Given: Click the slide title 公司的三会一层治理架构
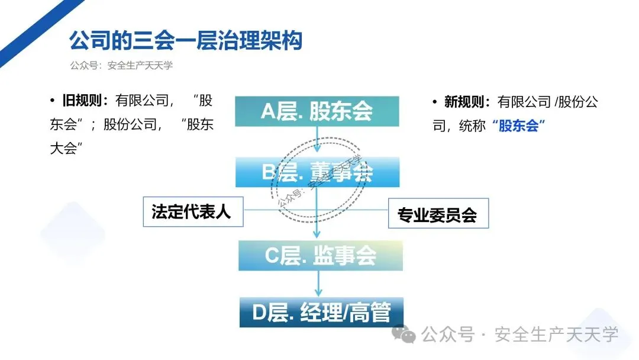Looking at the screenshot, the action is point(186,41).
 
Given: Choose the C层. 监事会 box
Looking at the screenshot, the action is point(320,255).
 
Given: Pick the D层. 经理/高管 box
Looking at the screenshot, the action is point(321,312).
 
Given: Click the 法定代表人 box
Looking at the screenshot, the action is point(193,211).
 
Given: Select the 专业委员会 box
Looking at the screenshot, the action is point(438,213).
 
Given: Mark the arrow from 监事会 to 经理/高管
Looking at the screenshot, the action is point(318,284).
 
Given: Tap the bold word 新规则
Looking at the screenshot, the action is point(467,102).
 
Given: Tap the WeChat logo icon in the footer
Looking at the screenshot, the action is point(408,335).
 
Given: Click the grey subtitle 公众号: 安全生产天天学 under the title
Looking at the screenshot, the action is point(121,66).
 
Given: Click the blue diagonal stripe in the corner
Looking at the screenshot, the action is point(33,27).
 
